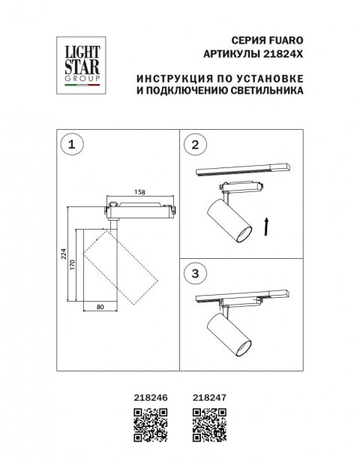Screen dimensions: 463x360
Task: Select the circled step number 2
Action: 196,146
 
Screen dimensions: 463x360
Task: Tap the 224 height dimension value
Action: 64,255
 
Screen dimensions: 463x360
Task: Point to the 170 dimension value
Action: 73,265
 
